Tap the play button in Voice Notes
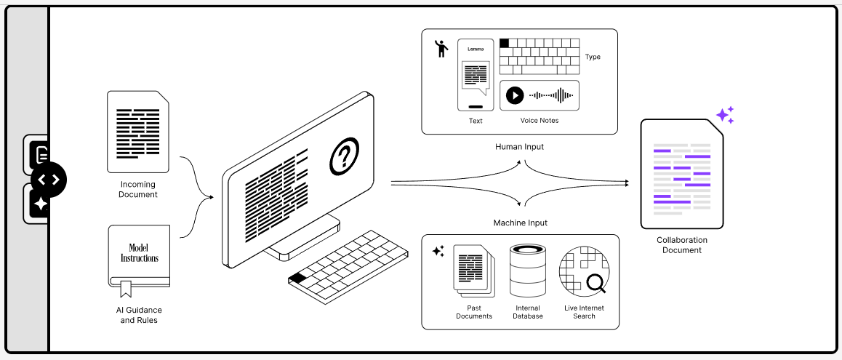[515, 95]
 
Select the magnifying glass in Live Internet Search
[596, 282]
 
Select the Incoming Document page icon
[138, 132]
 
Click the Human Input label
[519, 147]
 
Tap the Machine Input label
[520, 223]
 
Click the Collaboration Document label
[681, 245]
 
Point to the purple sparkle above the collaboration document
[724, 115]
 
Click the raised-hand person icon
[441, 49]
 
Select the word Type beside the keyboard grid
[593, 57]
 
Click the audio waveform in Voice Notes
[550, 95]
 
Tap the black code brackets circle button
[49, 180]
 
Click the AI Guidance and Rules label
[138, 315]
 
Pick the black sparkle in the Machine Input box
[438, 251]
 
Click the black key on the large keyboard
[297, 277]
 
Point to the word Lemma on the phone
[475, 49]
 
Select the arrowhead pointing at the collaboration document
[626, 183]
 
